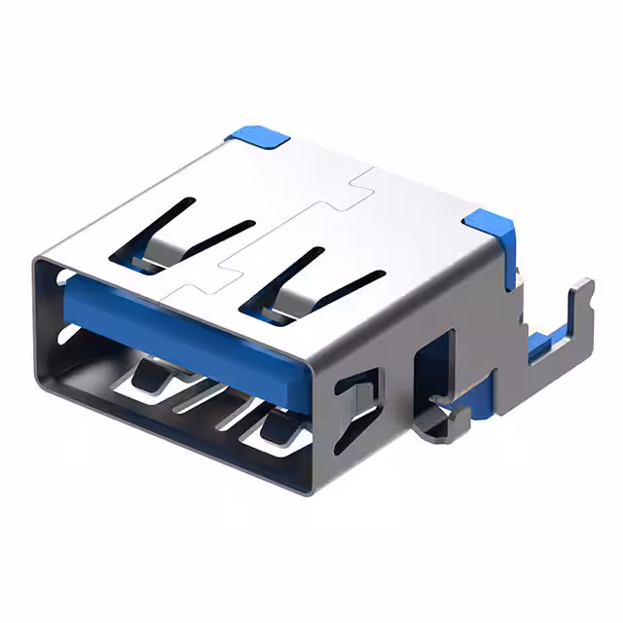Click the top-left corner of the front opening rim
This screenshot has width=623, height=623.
pos(39,258)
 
